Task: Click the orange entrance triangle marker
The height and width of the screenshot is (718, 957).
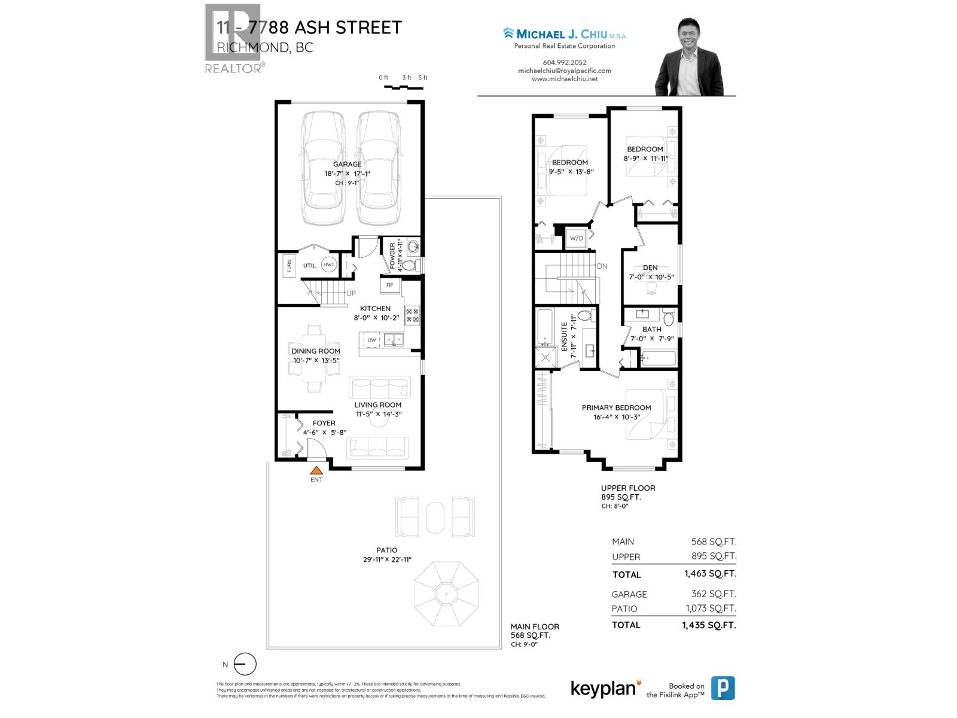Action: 316,470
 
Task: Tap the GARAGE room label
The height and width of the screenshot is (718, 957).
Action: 347,164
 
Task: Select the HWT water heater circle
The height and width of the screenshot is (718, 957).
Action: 329,264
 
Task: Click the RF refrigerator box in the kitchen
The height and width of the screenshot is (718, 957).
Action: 390,285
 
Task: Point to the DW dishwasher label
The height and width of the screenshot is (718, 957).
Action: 371,340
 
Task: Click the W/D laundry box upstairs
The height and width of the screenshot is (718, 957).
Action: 577,238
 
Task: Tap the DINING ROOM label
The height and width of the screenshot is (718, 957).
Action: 316,351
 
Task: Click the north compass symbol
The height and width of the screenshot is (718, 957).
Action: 244,664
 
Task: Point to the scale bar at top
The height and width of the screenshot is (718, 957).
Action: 404,87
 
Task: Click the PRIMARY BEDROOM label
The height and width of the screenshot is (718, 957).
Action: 616,407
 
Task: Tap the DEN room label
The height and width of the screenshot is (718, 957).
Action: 650,267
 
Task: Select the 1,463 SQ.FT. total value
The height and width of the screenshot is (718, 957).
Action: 710,573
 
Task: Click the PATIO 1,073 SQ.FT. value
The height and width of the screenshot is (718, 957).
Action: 711,609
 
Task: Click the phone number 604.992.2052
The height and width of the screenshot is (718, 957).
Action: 564,62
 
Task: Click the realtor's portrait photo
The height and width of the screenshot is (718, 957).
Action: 689,57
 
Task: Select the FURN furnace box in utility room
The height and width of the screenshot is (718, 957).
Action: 289,265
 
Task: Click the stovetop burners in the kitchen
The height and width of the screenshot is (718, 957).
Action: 412,315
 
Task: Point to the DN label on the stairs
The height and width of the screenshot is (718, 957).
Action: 602,266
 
